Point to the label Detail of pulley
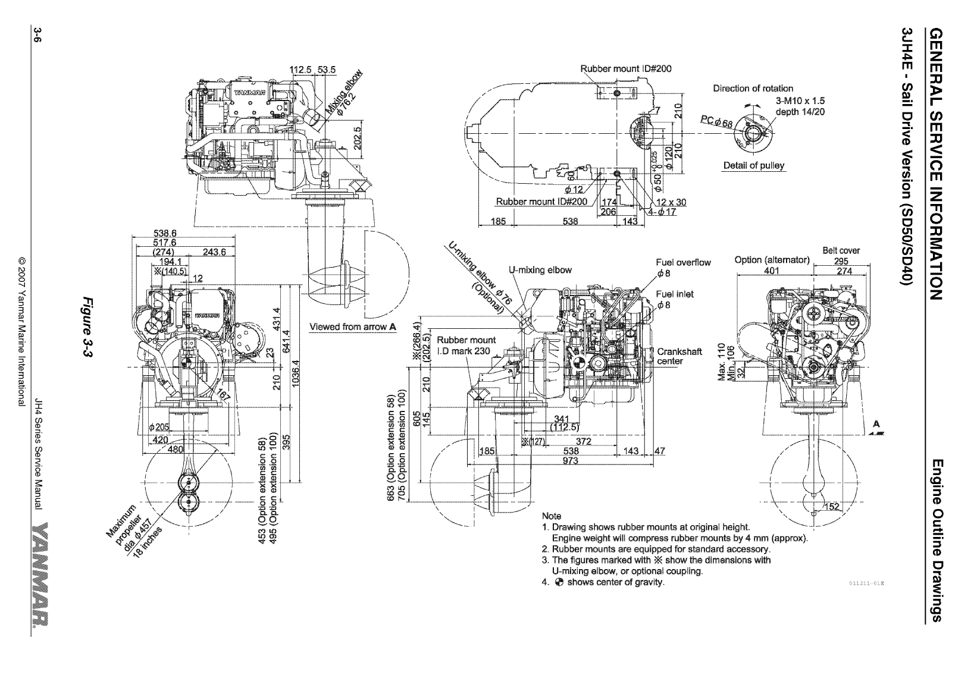753,165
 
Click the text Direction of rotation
753,89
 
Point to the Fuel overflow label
683,262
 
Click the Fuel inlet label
674,294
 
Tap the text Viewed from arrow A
353,326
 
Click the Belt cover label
841,250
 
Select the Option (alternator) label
772,260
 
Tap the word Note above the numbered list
552,516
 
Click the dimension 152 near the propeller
832,506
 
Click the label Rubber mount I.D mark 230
466,345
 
